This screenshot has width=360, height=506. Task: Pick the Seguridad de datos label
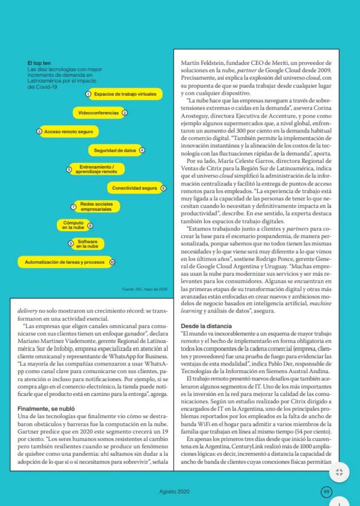pyautogui.click(x=114, y=150)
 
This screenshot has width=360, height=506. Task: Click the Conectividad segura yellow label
pyautogui.click(x=134, y=188)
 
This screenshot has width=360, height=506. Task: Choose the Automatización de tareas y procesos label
pyautogui.click(x=65, y=262)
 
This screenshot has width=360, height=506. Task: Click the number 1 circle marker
pyautogui.click(x=88, y=94)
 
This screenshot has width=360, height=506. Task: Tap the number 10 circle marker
pyautogui.click(x=112, y=262)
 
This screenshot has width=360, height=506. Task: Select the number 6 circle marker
pyautogui.click(x=164, y=188)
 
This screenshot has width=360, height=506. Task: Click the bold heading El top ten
pyautogui.click(x=39, y=63)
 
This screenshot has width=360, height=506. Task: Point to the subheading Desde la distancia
pyautogui.click(x=206, y=326)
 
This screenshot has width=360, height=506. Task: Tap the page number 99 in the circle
pyautogui.click(x=326, y=491)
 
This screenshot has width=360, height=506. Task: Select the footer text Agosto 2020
pyautogui.click(x=175, y=492)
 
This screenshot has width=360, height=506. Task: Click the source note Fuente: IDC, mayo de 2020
pyautogui.click(x=145, y=289)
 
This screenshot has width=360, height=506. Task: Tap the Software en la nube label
pyautogui.click(x=87, y=244)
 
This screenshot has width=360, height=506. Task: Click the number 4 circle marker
pyautogui.click(x=142, y=150)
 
